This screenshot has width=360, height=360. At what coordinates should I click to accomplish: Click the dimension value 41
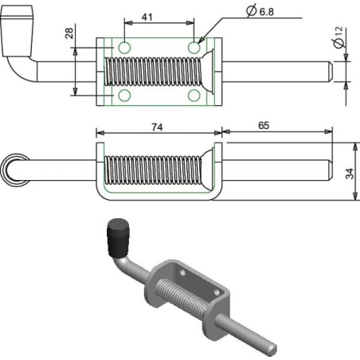pos(147,17)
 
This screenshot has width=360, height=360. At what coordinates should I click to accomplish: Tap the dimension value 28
pos(69,33)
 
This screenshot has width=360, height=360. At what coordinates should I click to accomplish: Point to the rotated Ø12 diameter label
pos(338,37)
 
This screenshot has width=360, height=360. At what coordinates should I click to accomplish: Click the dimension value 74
pos(157,127)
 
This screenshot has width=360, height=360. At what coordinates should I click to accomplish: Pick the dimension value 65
pos(264,126)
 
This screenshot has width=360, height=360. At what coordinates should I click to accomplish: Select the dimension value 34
pos(350,174)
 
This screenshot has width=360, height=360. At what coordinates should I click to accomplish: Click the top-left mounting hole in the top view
pos(124,48)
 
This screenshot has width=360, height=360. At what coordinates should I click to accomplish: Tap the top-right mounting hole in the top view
pos(194,48)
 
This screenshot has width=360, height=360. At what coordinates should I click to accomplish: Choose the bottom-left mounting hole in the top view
pos(124,96)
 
